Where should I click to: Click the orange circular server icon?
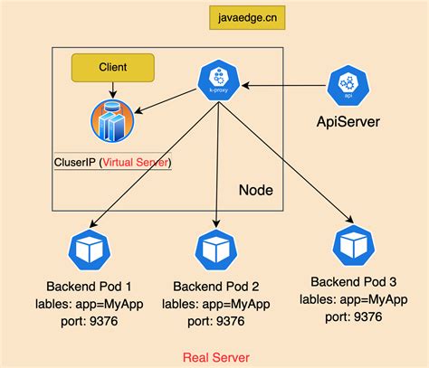(x=111, y=122)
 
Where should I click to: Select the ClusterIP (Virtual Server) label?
(x=113, y=163)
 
